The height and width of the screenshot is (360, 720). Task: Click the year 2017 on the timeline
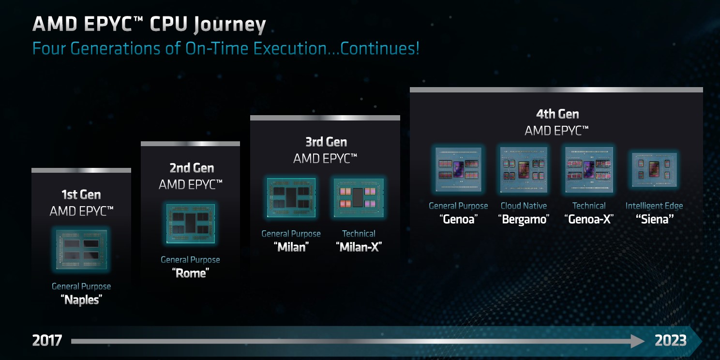click(47, 340)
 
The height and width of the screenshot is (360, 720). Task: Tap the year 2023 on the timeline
click(671, 340)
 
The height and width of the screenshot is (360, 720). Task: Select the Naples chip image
click(81, 250)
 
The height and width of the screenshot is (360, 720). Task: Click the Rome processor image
click(191, 224)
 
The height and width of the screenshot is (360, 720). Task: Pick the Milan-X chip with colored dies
click(359, 198)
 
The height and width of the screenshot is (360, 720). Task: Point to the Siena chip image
click(654, 170)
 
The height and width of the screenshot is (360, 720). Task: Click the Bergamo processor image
click(524, 170)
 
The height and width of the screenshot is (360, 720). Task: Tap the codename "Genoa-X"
click(589, 219)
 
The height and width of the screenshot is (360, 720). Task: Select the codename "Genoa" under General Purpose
click(458, 219)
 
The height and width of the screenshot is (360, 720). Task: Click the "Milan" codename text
click(291, 247)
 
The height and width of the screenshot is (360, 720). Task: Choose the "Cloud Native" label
click(524, 206)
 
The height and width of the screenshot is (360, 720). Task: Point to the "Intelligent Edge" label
click(654, 206)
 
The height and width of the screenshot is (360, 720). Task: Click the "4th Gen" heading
click(557, 114)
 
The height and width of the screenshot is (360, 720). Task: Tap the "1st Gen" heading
click(81, 195)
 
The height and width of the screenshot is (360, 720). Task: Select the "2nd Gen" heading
click(192, 168)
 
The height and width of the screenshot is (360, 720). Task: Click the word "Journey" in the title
click(230, 25)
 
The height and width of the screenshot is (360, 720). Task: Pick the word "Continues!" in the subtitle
click(380, 48)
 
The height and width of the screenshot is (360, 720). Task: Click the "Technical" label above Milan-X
click(359, 234)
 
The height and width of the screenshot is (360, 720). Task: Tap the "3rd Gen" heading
click(326, 142)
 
